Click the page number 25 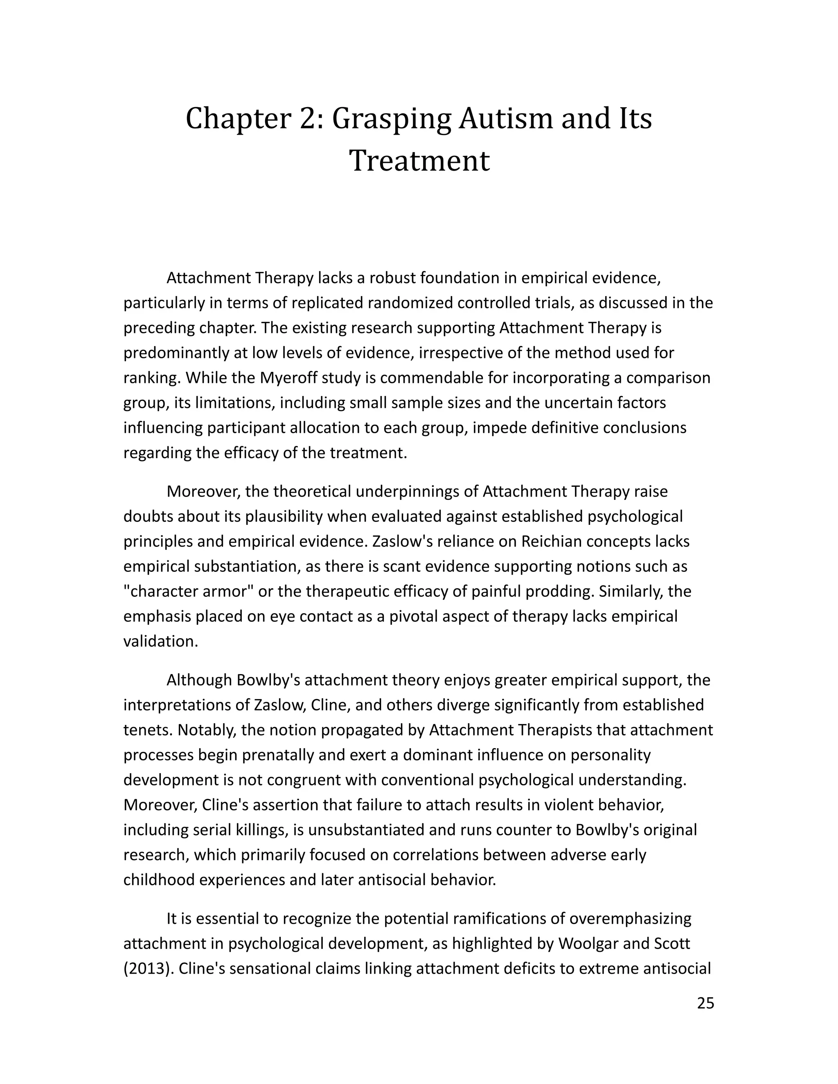705,1003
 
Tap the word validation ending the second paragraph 160,641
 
